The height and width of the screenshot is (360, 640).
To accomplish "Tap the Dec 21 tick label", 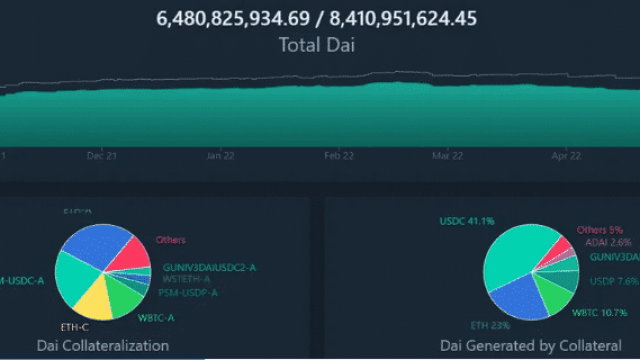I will (102, 156).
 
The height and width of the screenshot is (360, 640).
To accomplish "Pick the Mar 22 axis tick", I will (447, 156).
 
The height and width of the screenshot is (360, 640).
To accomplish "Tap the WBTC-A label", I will (157, 318).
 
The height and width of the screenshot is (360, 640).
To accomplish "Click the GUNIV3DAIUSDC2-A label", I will (209, 267).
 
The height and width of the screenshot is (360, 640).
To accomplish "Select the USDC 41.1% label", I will (466, 221).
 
